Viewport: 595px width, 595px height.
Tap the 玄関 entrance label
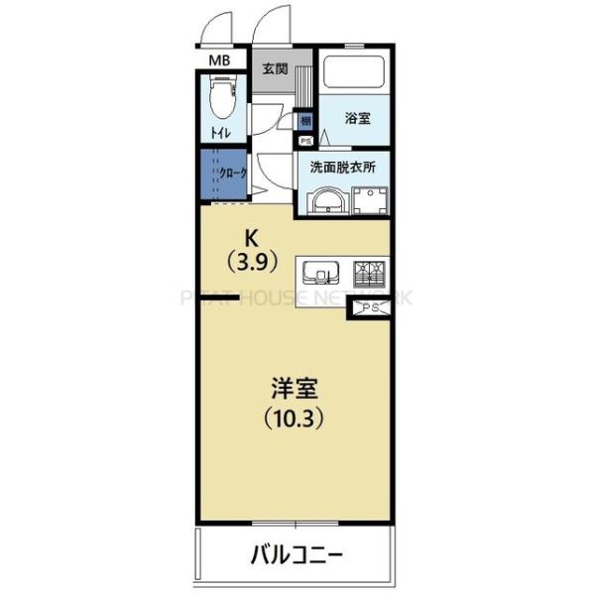click(x=275, y=69)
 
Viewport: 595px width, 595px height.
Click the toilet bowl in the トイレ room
click(x=221, y=100)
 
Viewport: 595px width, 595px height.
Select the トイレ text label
click(x=218, y=133)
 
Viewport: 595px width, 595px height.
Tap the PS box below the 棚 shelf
click(x=304, y=141)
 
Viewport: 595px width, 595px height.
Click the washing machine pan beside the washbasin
click(x=367, y=200)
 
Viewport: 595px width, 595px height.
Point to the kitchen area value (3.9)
click(x=252, y=263)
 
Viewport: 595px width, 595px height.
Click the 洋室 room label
click(x=294, y=386)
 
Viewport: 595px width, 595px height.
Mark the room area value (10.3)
click(x=294, y=416)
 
